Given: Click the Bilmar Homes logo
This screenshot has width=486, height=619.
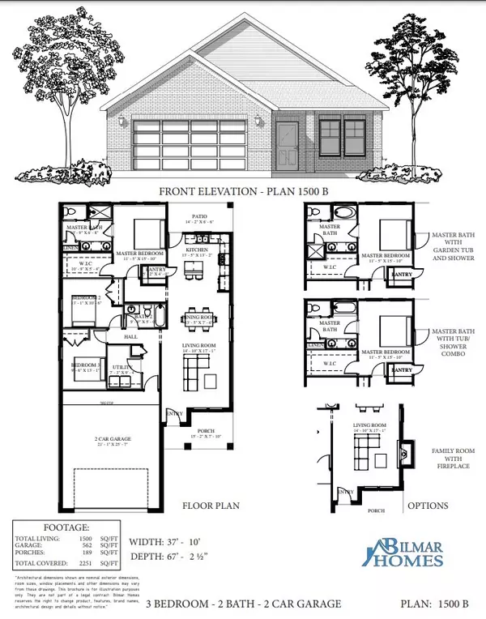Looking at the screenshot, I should (406, 552).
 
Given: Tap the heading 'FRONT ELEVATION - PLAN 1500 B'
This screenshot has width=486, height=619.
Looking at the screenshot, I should (244, 191).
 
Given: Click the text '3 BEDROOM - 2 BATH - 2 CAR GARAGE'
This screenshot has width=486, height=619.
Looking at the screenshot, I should (244, 604).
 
